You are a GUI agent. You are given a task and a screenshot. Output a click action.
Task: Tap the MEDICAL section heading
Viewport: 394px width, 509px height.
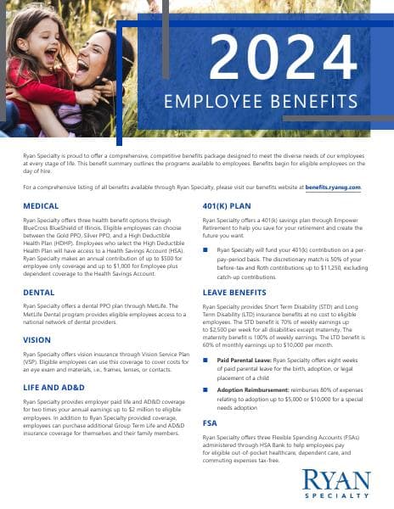pyautogui.click(x=42, y=206)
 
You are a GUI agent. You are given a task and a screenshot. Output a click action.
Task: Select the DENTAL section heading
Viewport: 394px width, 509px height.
pyautogui.click(x=39, y=292)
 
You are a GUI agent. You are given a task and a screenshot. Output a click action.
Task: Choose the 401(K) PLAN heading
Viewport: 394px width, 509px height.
pyautogui.click(x=228, y=206)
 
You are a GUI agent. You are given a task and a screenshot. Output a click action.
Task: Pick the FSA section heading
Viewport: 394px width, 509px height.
pyautogui.click(x=210, y=422)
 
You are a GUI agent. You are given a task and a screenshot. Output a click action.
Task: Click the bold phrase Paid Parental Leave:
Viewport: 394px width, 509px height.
pyautogui.click(x=244, y=360)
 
